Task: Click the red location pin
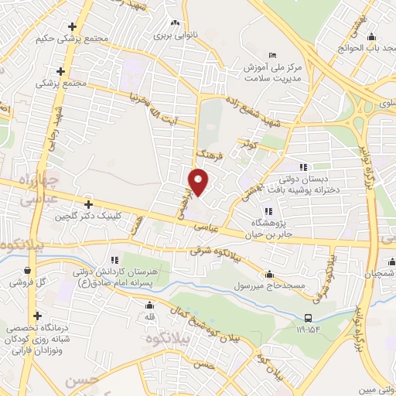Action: point(200,181)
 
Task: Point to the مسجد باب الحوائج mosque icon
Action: point(371,36)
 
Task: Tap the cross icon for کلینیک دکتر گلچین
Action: point(89,205)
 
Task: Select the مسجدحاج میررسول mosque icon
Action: point(268,273)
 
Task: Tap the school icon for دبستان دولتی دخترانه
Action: point(304,166)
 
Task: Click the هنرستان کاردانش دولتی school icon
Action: point(114,260)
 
